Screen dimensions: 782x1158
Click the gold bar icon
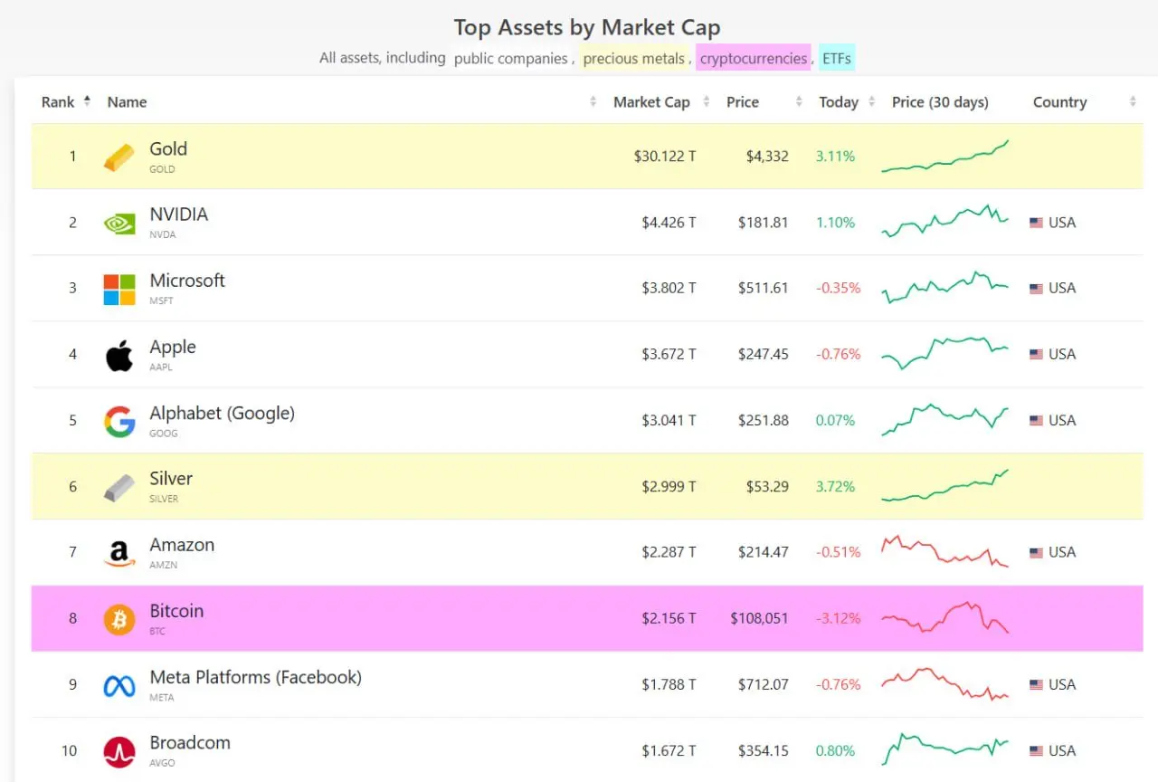119,157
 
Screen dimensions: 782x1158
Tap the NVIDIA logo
119,223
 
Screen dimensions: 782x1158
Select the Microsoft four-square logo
119,290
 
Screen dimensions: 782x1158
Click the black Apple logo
119,356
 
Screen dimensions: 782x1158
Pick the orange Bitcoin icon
119,620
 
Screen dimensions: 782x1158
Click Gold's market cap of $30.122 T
665,157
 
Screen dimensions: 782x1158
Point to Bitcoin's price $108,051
759,619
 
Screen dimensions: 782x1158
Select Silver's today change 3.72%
835,487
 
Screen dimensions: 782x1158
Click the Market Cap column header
651,102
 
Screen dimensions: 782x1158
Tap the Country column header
1059,102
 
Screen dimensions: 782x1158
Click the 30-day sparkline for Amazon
944,551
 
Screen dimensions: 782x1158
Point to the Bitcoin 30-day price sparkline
944,617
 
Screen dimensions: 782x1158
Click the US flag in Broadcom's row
1036,751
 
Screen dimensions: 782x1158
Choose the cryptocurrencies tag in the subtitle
754,59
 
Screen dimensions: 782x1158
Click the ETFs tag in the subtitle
837,59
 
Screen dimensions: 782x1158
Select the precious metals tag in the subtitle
633,59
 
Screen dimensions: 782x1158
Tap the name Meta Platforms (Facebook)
255,677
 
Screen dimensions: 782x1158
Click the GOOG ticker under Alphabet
164,434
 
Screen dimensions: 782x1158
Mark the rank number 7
73,552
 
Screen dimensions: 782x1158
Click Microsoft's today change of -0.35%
839,289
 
